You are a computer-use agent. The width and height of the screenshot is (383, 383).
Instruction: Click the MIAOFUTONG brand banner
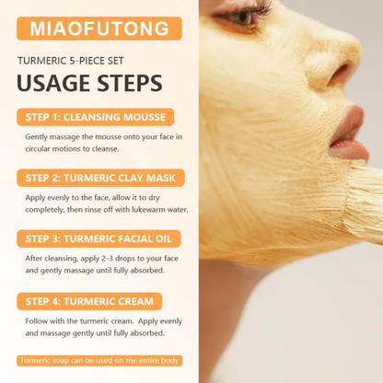(x=99, y=27)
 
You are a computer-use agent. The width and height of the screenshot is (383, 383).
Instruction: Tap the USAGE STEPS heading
(x=90, y=84)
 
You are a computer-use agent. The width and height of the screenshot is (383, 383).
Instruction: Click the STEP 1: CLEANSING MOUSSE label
(x=95, y=117)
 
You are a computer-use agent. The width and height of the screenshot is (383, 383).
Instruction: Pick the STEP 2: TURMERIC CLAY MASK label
(x=100, y=178)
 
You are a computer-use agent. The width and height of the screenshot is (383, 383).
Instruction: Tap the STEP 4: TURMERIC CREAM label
(x=89, y=301)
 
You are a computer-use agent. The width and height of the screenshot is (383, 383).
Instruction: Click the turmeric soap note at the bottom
(x=99, y=361)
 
